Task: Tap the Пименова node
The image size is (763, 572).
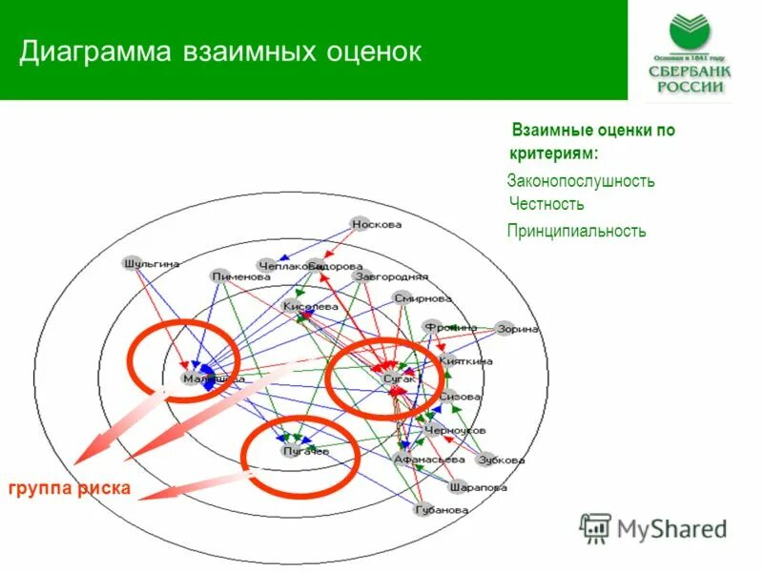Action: pos(220,275)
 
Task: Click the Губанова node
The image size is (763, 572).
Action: pos(424,509)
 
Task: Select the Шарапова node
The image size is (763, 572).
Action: pos(459,485)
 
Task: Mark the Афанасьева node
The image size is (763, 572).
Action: pos(404,458)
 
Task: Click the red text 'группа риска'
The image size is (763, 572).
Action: pos(69,489)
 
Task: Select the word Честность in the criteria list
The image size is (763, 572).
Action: pos(546,204)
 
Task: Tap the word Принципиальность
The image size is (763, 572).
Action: pos(576,231)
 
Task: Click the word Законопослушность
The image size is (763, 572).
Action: pos(581,180)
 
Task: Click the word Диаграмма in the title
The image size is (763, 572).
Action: pos(91,51)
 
